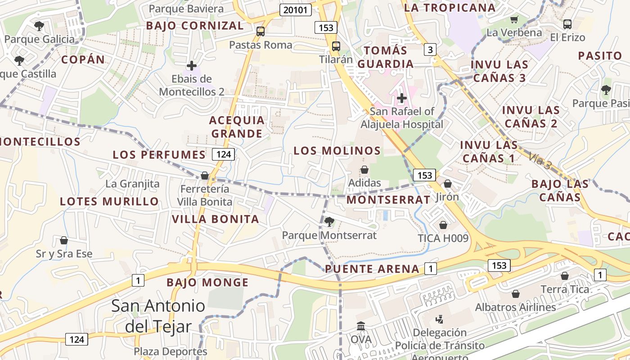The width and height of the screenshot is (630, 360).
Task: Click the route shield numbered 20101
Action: coord(295,10)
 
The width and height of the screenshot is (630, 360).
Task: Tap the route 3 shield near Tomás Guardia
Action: coord(430,49)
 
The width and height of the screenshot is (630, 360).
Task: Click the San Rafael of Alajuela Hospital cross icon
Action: coord(401,98)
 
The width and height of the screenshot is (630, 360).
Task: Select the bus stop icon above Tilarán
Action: coord(336,46)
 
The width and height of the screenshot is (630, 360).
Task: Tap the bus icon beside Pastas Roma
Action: coord(260,31)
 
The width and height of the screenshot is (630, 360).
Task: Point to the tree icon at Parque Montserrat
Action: coord(329,221)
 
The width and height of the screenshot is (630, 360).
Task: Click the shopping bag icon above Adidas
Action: coord(364,170)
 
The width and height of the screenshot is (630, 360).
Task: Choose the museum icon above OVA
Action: coord(360,325)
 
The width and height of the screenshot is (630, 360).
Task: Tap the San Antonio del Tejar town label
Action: coord(158,316)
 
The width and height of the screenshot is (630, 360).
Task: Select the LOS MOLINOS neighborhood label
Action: coord(337,151)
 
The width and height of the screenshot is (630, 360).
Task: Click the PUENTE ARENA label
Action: coord(372,269)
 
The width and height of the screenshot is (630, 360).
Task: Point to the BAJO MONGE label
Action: coord(207,283)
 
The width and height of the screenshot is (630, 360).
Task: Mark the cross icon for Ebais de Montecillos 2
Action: coord(192,66)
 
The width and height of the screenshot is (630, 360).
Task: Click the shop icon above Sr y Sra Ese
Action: coord(64,240)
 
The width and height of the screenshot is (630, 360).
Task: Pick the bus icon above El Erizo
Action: coord(567,24)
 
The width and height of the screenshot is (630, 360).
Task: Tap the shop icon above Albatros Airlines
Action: coord(516,294)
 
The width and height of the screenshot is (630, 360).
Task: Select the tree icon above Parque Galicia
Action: coord(39,26)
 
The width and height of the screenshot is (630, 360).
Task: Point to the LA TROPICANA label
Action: coord(450,8)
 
